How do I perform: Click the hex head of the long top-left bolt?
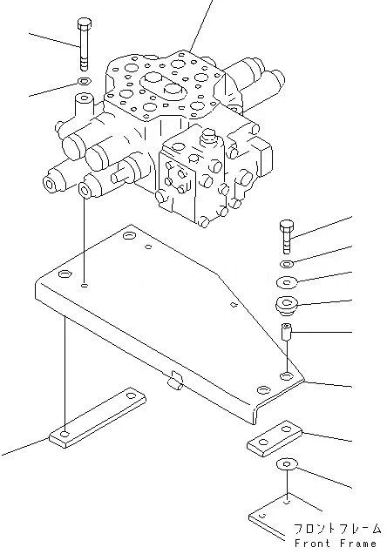[x=85, y=24]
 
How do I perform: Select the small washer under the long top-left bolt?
[x=85, y=82]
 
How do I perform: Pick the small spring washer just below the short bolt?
[x=288, y=263]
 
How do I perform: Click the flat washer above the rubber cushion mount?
[x=288, y=282]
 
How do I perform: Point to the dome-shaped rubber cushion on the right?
[x=287, y=304]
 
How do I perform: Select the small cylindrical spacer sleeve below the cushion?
[x=286, y=331]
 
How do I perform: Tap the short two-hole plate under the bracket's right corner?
[x=275, y=438]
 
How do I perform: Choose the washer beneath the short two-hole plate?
[x=287, y=464]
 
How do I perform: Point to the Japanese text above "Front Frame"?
[x=337, y=528]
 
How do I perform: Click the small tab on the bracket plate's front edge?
[x=173, y=380]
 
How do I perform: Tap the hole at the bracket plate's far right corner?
[x=286, y=375]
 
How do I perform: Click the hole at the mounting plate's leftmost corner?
[x=64, y=274]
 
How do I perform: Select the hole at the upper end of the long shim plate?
[x=132, y=395]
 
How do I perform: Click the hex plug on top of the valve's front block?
[x=207, y=136]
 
